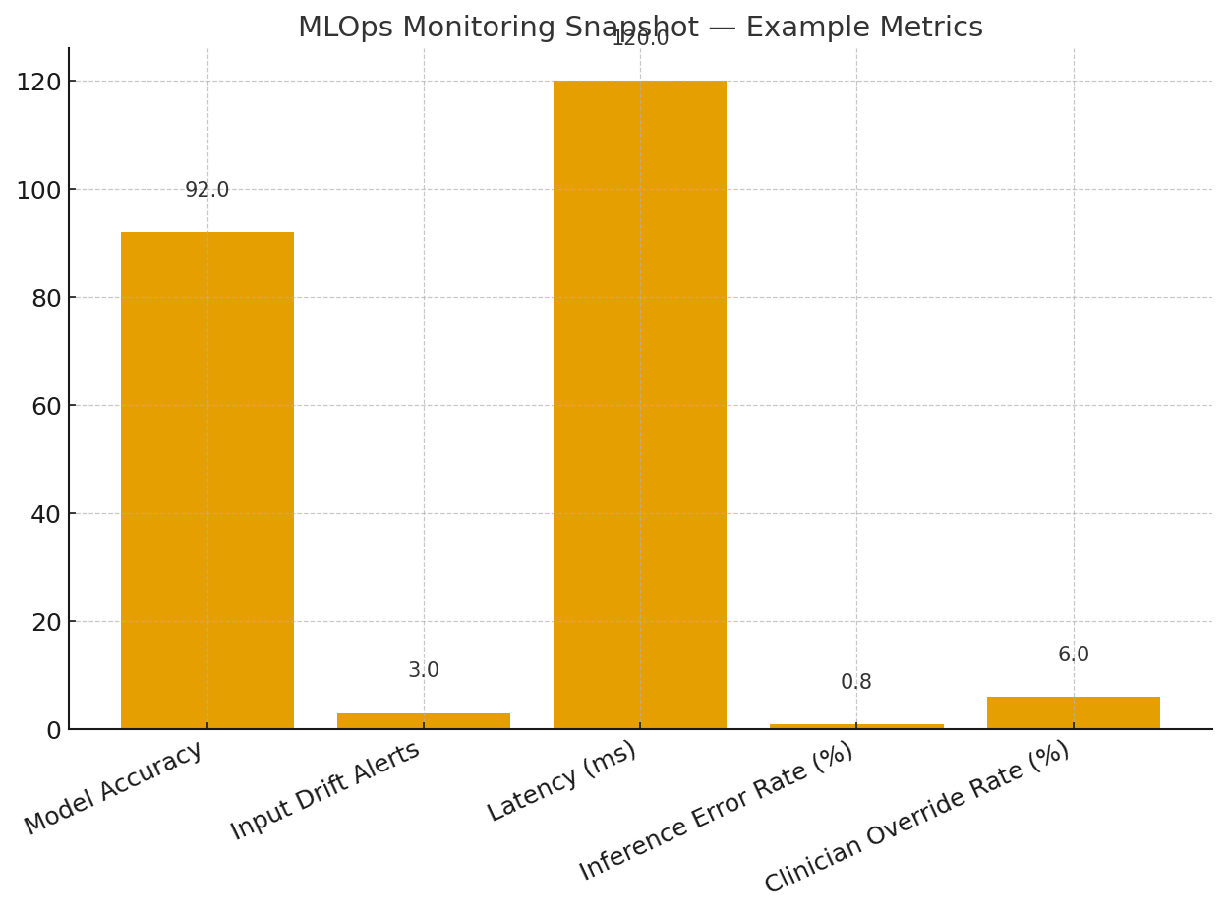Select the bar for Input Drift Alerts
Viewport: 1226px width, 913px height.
pos(424,720)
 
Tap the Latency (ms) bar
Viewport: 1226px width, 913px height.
pos(640,404)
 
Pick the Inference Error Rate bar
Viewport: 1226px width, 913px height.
pos(856,726)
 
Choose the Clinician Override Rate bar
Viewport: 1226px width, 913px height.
pos(1073,713)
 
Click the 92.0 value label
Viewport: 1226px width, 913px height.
pos(207,191)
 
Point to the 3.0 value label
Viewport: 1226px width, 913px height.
pos(424,671)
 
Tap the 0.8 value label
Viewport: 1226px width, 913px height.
pos(856,683)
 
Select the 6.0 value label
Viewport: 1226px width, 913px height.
pos(1073,656)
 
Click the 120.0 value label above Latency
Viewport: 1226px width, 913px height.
pos(640,39)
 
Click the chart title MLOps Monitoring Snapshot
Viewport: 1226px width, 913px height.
pos(640,28)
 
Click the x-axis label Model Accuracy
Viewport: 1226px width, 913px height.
pos(114,788)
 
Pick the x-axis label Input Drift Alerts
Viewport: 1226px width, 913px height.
pos(325,791)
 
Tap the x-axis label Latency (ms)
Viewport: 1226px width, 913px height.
pos(562,781)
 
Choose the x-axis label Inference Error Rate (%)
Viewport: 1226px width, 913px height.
pos(717,812)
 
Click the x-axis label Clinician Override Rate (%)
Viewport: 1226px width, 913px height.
pos(917,818)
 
